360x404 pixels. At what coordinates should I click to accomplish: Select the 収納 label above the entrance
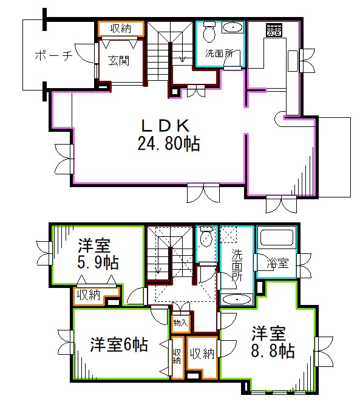click(121, 28)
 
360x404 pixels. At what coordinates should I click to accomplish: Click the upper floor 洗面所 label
click(219, 53)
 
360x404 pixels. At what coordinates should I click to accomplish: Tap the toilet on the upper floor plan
click(208, 30)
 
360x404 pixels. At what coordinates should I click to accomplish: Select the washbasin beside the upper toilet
click(232, 28)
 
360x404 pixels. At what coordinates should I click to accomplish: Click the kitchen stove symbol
click(273, 30)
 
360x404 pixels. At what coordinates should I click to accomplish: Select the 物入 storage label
click(180, 322)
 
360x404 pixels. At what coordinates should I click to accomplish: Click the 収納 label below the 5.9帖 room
click(87, 296)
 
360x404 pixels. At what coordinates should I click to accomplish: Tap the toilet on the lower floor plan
click(207, 238)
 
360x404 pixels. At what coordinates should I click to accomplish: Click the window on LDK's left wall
click(63, 158)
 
